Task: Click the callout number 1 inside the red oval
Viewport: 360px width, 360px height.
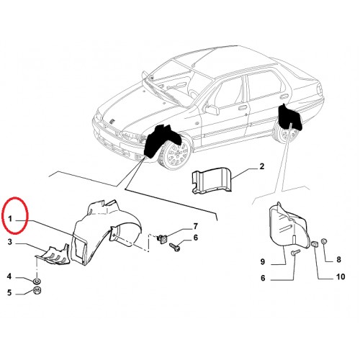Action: tap(10, 219)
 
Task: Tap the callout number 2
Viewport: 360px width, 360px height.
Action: tap(262, 166)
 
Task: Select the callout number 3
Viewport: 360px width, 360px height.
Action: tap(9, 242)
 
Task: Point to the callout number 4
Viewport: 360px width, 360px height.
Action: tap(9, 276)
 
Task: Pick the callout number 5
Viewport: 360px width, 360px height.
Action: tap(9, 293)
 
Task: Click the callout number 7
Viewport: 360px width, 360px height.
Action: tap(196, 226)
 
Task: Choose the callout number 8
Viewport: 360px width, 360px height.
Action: tap(338, 259)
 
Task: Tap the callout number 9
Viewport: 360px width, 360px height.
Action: tap(263, 261)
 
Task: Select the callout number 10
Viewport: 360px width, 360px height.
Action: tap(341, 276)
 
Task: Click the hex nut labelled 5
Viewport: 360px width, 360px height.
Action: tap(37, 291)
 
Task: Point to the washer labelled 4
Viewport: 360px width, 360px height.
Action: tap(37, 281)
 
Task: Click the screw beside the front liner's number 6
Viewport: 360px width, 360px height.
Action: tap(175, 248)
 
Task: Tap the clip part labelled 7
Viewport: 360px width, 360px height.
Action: tap(163, 238)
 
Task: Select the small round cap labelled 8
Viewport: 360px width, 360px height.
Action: tap(324, 240)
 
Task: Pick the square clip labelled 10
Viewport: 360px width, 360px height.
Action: tap(315, 245)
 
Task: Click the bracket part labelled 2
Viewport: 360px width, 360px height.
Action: tap(211, 181)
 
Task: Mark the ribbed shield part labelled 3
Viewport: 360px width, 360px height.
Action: tap(53, 255)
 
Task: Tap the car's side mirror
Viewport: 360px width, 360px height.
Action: tap(212, 109)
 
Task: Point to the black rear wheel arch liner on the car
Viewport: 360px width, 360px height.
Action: tap(290, 117)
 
